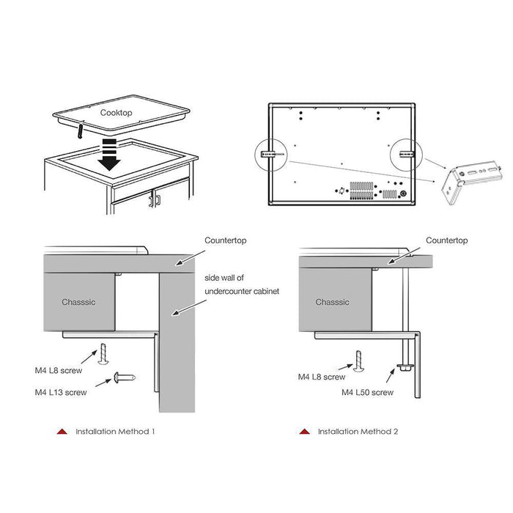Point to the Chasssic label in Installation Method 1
point(79,302)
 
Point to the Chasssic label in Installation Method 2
point(333,302)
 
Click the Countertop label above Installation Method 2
point(447,240)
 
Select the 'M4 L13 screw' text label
point(61,392)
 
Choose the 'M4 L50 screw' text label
point(367,392)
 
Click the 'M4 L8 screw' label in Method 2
point(321,377)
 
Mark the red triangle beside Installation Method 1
point(62,432)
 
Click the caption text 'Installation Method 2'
point(358,432)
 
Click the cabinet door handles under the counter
point(154,198)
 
